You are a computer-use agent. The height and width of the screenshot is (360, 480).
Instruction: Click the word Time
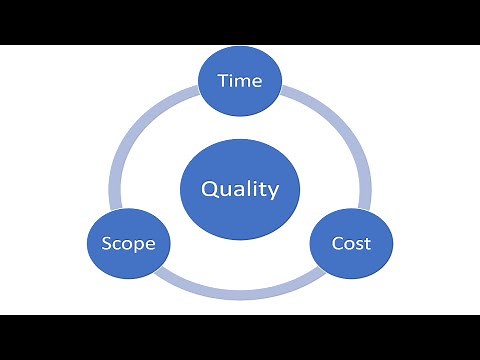tap(240, 81)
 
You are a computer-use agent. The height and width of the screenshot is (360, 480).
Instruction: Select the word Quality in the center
tap(240, 189)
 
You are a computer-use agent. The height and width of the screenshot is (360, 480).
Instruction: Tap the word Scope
tap(128, 243)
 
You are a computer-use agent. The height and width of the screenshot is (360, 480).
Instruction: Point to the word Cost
tap(351, 243)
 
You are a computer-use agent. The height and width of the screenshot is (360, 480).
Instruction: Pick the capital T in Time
tap(223, 81)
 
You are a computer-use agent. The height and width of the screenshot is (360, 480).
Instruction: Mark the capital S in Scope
tap(107, 243)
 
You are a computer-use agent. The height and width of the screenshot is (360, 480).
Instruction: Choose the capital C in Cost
tap(337, 243)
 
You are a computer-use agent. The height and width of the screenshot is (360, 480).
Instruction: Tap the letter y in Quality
tap(273, 192)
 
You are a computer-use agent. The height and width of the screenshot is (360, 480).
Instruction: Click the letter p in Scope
tap(138, 245)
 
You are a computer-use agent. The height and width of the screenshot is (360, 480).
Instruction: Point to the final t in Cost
tap(367, 243)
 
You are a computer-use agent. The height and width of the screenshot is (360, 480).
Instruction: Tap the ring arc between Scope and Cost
tap(240, 294)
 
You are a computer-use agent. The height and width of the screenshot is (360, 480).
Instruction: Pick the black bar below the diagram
tap(240, 337)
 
